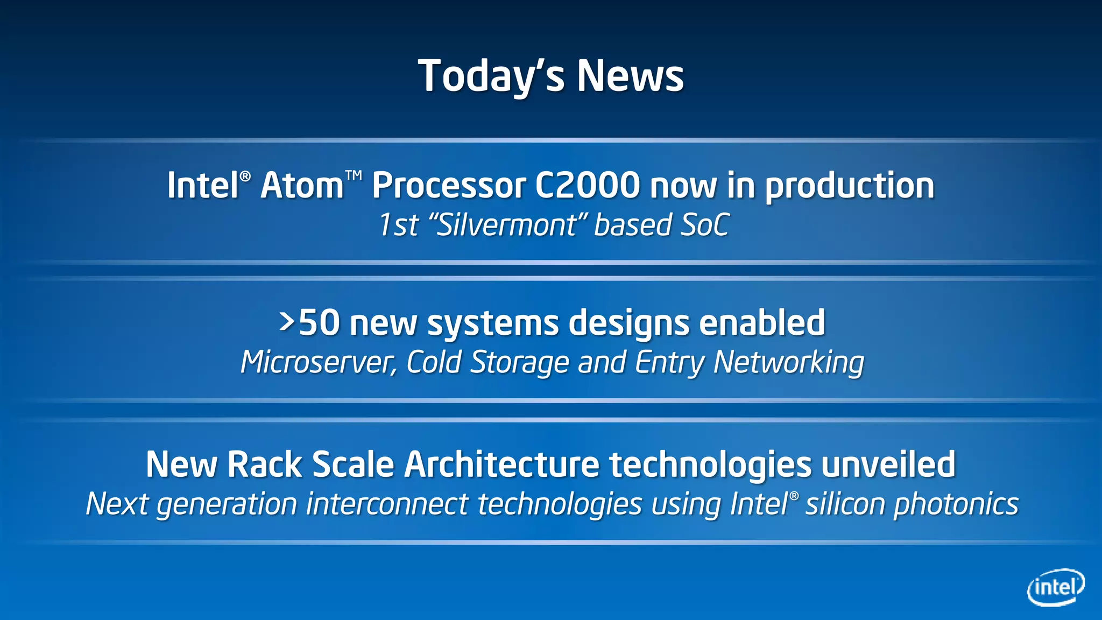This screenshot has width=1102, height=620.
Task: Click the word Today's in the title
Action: [x=491, y=76]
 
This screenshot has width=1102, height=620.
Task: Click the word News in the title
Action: [x=630, y=76]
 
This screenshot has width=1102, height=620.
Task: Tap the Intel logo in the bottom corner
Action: [x=1055, y=587]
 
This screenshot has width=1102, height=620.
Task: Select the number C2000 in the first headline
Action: [x=587, y=186]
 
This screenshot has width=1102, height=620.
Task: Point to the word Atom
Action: [x=302, y=186]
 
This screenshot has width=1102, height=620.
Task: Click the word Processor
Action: [x=448, y=186]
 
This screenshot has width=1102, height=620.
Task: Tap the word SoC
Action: [x=705, y=225]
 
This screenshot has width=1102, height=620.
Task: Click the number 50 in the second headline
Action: [x=319, y=323]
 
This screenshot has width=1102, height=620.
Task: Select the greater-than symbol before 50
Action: [x=287, y=322]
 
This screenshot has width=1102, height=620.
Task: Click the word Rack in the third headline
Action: [x=264, y=464]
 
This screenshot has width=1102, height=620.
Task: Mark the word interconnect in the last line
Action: [x=387, y=505]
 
